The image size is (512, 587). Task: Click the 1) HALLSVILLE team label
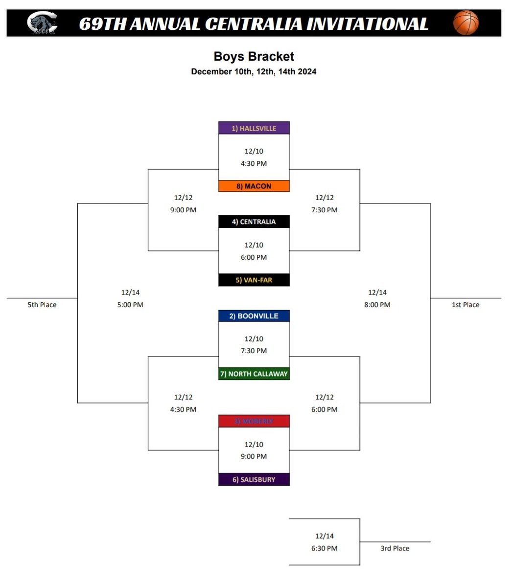pos(254,128)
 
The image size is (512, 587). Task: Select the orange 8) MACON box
pos(254,186)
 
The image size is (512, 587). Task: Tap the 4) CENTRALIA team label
pos(254,222)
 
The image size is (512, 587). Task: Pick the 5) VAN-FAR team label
pos(254,280)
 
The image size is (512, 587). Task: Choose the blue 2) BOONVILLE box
pos(254,316)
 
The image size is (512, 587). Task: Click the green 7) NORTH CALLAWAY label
pos(254,374)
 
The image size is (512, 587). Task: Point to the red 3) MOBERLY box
pos(254,421)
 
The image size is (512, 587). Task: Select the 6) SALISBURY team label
pos(254,479)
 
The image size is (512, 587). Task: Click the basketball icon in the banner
pos(465,23)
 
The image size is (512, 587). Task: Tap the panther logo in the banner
pos(42,23)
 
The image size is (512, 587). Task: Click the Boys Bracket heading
pos(254,56)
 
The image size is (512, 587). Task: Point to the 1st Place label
pos(465,305)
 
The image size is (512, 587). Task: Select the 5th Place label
pos(42,305)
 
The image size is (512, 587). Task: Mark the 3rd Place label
pos(395,548)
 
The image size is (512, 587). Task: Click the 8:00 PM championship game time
pos(377,305)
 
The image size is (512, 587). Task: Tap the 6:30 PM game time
pos(324,548)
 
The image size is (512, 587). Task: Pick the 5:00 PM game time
pos(130,305)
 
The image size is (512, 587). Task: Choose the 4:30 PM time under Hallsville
pos(254,163)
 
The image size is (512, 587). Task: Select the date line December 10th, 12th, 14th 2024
pos(254,71)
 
